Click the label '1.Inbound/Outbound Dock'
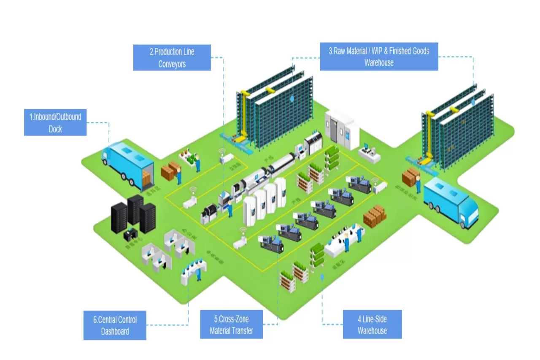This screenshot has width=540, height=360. pyautogui.click(x=55, y=123)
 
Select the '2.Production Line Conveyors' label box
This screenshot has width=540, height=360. pyautogui.click(x=172, y=58)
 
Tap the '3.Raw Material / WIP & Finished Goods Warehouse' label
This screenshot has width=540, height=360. pyautogui.click(x=379, y=57)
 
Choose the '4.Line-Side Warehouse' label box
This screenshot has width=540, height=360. pyautogui.click(x=372, y=325)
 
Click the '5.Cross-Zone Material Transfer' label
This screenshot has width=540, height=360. pyautogui.click(x=232, y=325)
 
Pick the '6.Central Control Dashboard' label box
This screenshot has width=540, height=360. pyautogui.click(x=115, y=325)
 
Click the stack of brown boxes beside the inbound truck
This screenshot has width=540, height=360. pyautogui.click(x=170, y=170)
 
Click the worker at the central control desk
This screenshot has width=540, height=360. pyautogui.click(x=198, y=273)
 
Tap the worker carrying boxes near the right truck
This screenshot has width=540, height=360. pyautogui.click(x=418, y=184)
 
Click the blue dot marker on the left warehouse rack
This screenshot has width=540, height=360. pyautogui.click(x=292, y=98)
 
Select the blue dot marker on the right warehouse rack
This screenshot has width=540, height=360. pyautogui.click(x=473, y=102)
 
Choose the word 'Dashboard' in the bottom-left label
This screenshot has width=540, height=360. pyautogui.click(x=115, y=331)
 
